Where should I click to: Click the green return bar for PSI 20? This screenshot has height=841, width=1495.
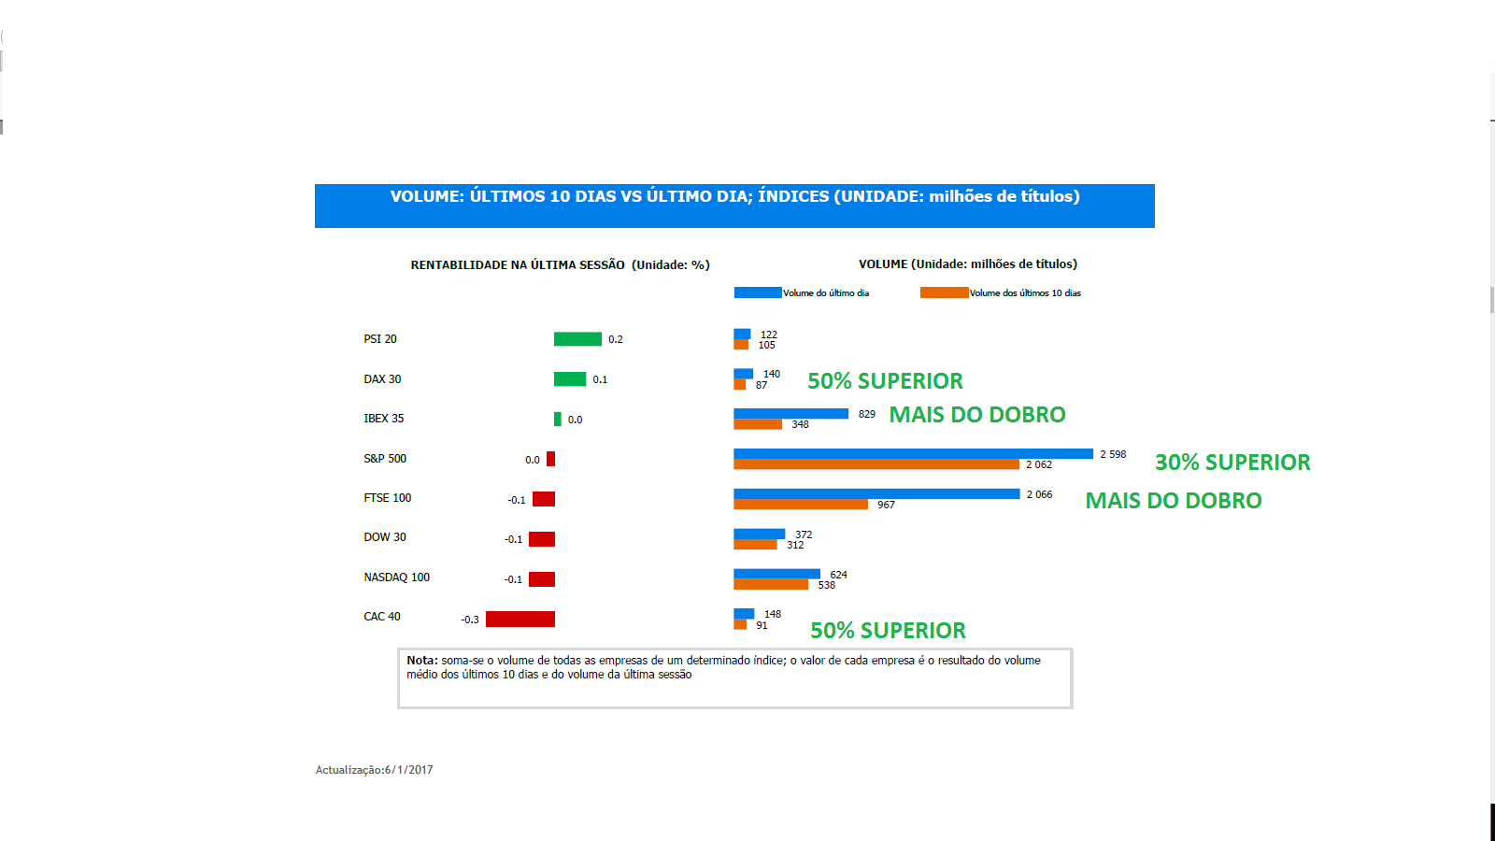pos(577,339)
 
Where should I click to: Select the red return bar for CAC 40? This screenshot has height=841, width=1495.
pos(520,619)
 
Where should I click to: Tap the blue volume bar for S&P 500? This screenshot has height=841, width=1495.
pos(913,454)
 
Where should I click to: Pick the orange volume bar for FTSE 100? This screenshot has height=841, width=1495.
pos(801,505)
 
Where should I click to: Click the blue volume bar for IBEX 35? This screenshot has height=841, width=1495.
pos(790,414)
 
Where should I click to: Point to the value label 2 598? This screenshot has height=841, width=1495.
pos(1113,454)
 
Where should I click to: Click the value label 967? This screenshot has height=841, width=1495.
pos(886,505)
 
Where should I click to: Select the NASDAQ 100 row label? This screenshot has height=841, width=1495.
pos(397,577)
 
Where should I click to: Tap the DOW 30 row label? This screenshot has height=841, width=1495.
pos(385,537)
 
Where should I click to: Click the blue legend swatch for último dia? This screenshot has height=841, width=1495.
pos(758,292)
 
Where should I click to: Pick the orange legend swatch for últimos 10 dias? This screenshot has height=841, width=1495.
pos(944,292)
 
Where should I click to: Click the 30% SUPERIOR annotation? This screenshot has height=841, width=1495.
pos(1232,463)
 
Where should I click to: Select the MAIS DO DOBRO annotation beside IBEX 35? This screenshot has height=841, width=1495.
pos(976,415)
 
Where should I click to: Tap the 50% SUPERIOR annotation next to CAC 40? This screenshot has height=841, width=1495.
pos(888,631)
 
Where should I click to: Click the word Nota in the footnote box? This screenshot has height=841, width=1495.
pos(421,661)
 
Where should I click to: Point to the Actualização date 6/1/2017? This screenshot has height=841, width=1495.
pos(408,770)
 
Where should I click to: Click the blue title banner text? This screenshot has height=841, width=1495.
pos(734,197)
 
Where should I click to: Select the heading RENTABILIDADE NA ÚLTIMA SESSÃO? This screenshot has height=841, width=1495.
pos(518,265)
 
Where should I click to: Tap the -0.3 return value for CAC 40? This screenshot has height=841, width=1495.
pos(470,620)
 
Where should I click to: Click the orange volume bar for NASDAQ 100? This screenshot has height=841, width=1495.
pos(771,585)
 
